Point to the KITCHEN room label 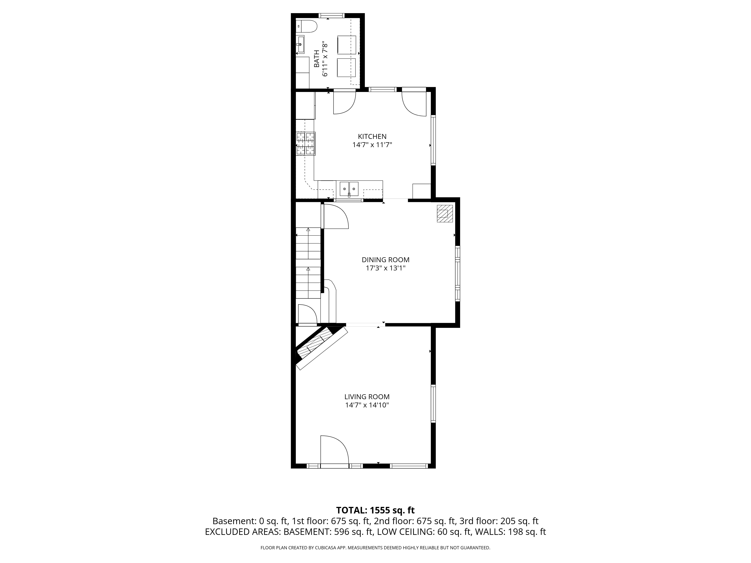[372, 136]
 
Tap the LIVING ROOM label [367, 397]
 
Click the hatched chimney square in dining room [444, 213]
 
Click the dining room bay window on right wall [457, 274]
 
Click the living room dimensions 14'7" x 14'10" [367, 405]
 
